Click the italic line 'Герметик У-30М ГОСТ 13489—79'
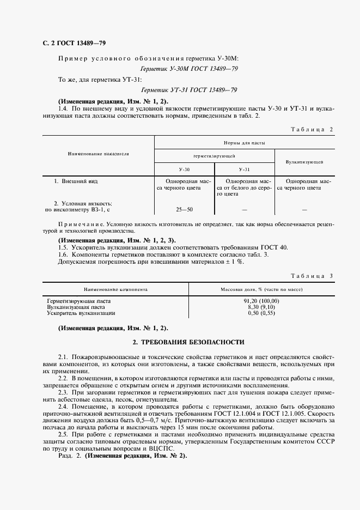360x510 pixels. click(189, 69)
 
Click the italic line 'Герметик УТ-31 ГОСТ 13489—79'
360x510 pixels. click(189, 90)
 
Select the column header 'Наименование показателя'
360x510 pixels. click(98, 154)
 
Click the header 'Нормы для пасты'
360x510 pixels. click(244, 143)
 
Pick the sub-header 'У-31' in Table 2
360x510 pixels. click(244, 170)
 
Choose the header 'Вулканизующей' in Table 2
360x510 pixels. click(304, 162)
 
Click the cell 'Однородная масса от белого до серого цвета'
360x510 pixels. click(245, 187)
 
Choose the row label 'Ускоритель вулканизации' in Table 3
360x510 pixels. click(81, 313)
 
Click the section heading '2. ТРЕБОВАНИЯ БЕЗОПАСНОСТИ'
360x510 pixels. click(189, 342)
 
